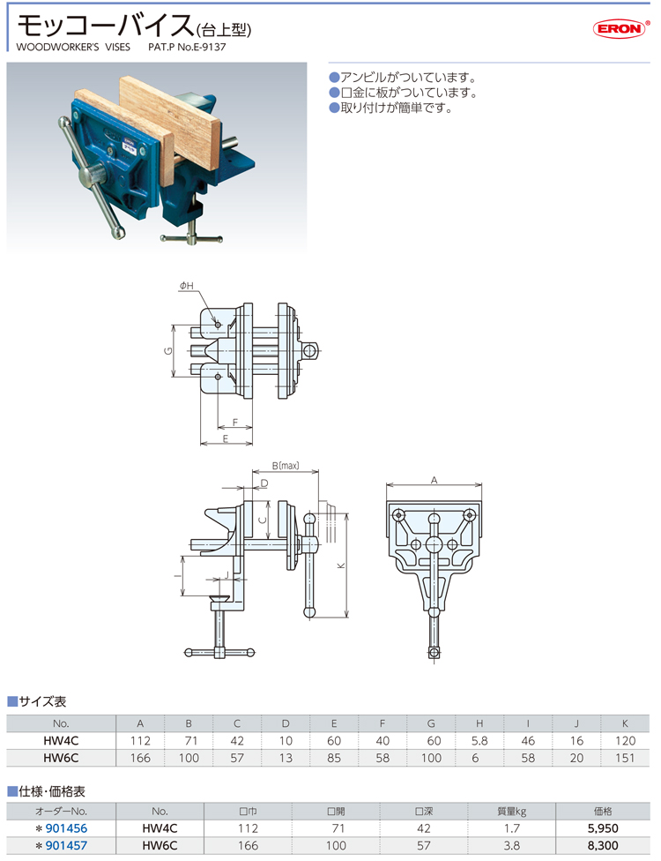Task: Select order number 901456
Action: (66, 828)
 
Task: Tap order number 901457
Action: (66, 846)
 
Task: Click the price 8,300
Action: (602, 846)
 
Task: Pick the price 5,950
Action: (602, 828)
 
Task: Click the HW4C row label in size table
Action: (61, 741)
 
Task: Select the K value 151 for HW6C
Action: (625, 758)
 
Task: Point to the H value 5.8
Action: (479, 741)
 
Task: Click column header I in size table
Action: (528, 723)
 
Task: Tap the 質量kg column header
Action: (511, 811)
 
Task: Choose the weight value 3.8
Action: (511, 846)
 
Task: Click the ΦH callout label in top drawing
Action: (187, 286)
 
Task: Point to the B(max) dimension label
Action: (286, 466)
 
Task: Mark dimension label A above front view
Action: (434, 481)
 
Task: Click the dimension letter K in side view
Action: (341, 565)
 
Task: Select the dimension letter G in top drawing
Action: (168, 351)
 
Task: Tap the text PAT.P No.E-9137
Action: (187, 47)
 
